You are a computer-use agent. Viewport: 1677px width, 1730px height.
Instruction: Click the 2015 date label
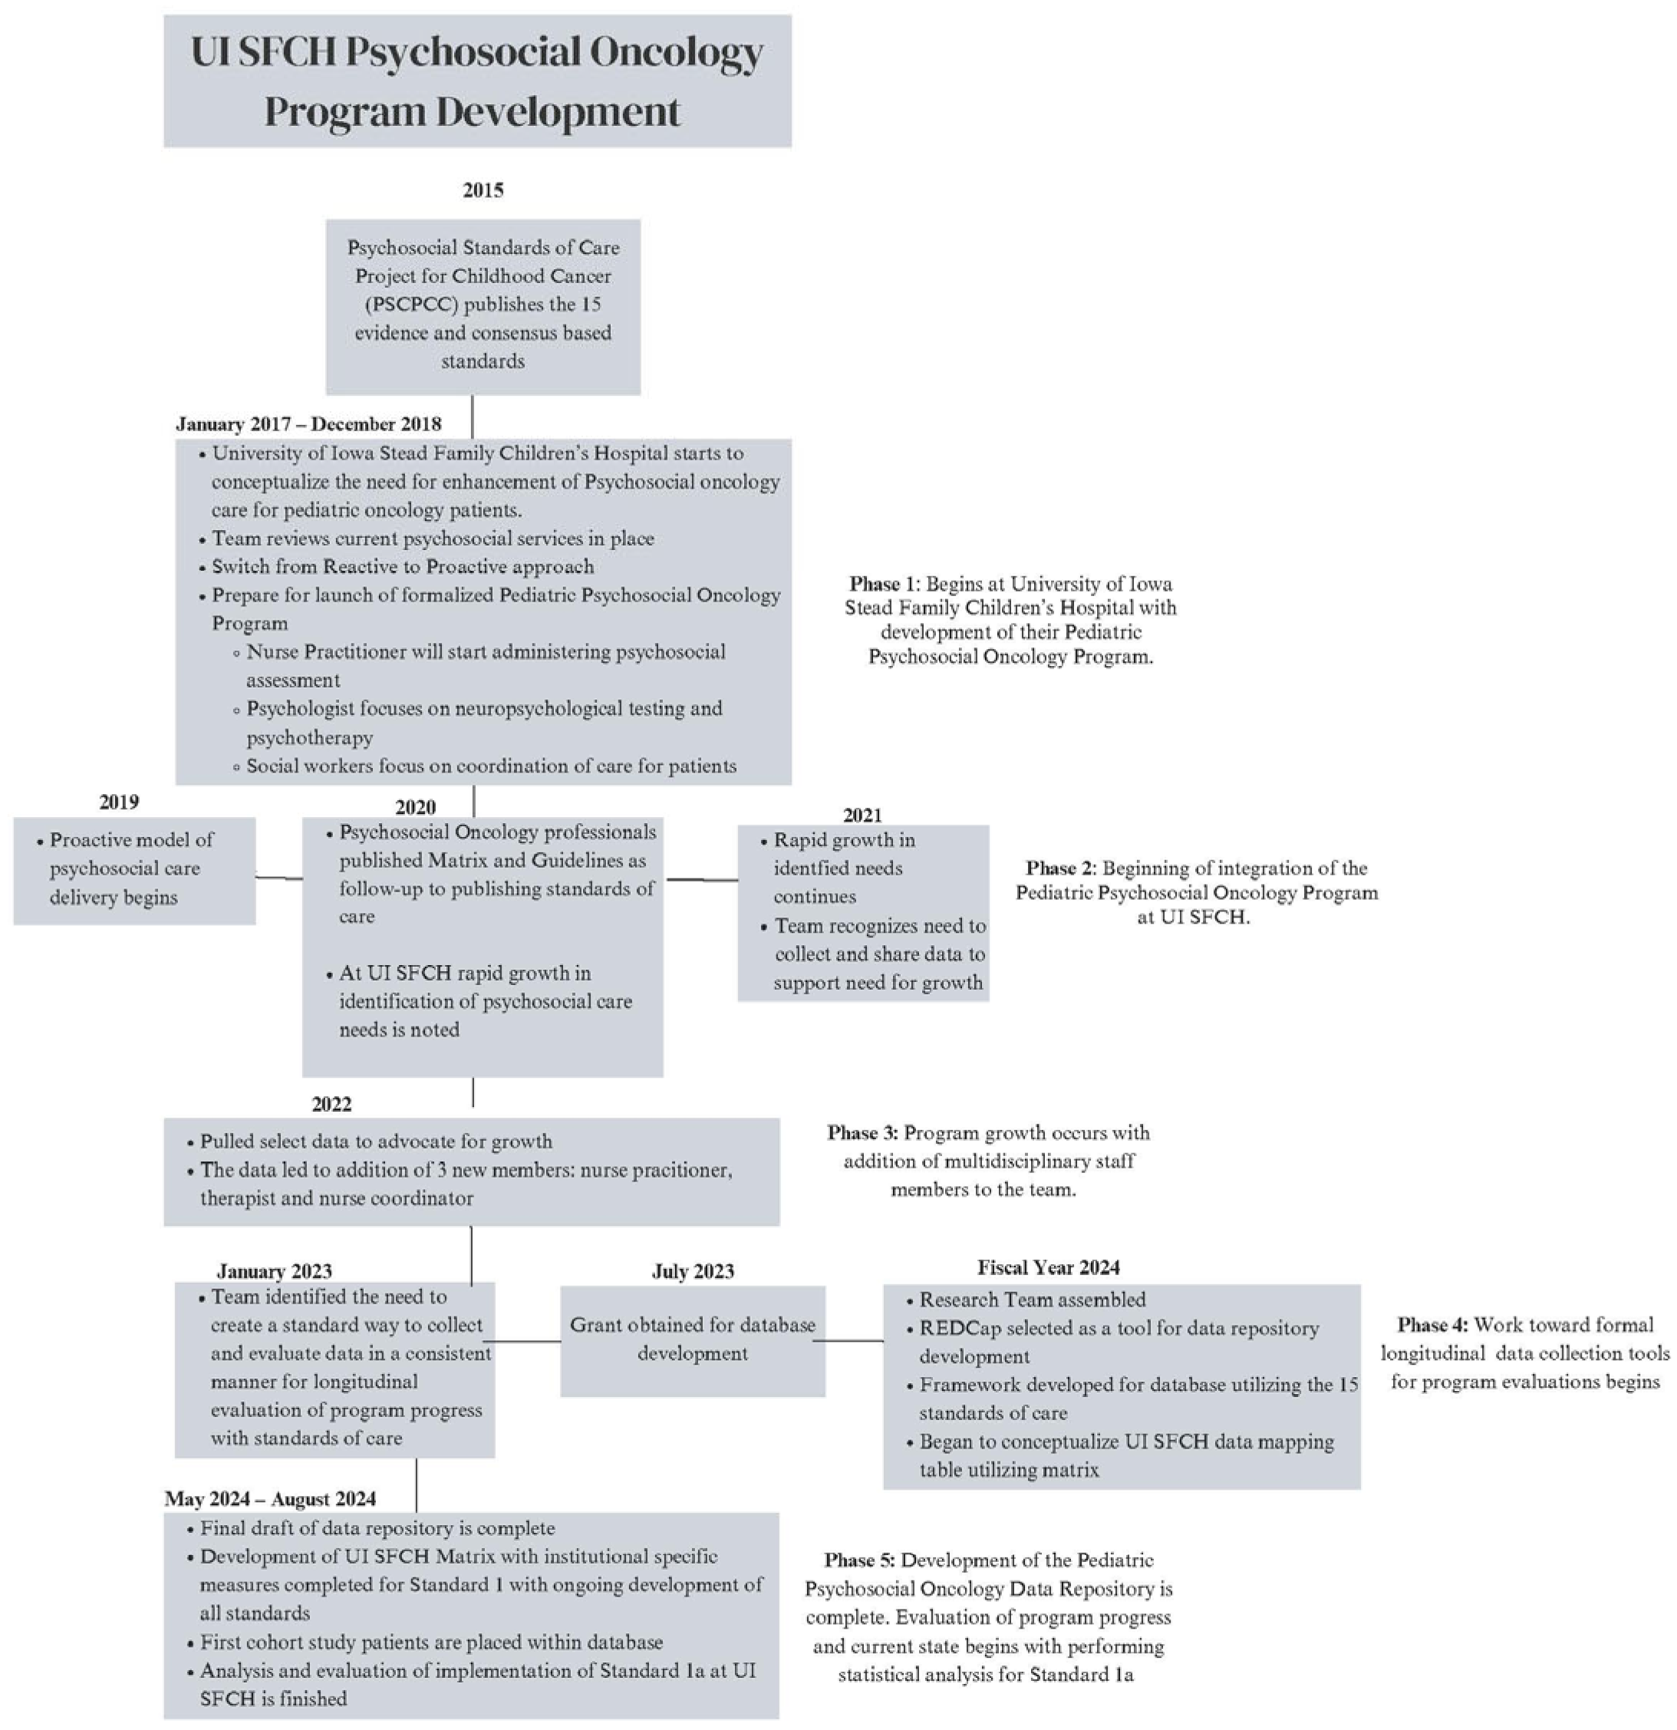[483, 189]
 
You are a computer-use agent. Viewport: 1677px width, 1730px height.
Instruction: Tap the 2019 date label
[119, 802]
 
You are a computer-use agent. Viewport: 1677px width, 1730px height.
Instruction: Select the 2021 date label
[862, 815]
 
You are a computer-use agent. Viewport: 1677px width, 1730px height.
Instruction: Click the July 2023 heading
[693, 1271]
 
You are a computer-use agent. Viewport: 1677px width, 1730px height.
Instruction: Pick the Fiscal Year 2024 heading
[1049, 1267]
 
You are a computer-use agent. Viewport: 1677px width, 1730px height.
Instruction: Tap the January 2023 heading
[275, 1271]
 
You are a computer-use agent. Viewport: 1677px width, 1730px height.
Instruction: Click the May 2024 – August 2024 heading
[270, 1499]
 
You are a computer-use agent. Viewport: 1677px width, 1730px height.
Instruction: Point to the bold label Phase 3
[862, 1132]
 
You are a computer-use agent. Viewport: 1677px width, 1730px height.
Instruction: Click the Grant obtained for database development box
[693, 1340]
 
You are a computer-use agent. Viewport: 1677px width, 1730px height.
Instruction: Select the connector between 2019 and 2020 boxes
[279, 878]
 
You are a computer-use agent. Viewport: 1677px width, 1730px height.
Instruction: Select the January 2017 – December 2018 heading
[309, 423]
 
